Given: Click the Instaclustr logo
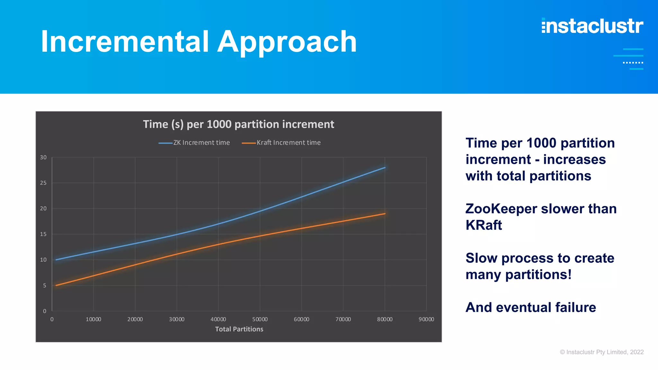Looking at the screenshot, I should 592,26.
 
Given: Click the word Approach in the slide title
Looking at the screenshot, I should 287,42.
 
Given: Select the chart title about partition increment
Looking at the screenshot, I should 238,124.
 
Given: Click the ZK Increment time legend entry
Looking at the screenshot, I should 194,143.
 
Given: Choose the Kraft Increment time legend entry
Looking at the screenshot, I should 281,143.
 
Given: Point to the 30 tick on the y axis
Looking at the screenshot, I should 43,157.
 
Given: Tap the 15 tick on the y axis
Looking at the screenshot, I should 43,234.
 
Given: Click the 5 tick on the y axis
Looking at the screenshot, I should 45,286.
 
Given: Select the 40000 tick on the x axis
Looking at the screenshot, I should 218,319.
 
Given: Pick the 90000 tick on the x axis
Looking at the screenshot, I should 426,319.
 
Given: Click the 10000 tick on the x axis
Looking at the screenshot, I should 93,319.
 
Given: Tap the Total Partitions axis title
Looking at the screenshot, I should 239,329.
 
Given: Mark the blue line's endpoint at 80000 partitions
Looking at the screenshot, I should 385,168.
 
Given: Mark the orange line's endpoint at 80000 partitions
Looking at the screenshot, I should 385,214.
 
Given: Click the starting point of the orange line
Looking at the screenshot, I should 56,285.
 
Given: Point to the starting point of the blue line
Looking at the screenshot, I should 56,260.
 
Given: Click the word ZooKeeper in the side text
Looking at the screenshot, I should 501,209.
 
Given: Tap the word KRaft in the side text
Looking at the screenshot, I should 484,225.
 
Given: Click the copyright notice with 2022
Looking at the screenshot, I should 601,352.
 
